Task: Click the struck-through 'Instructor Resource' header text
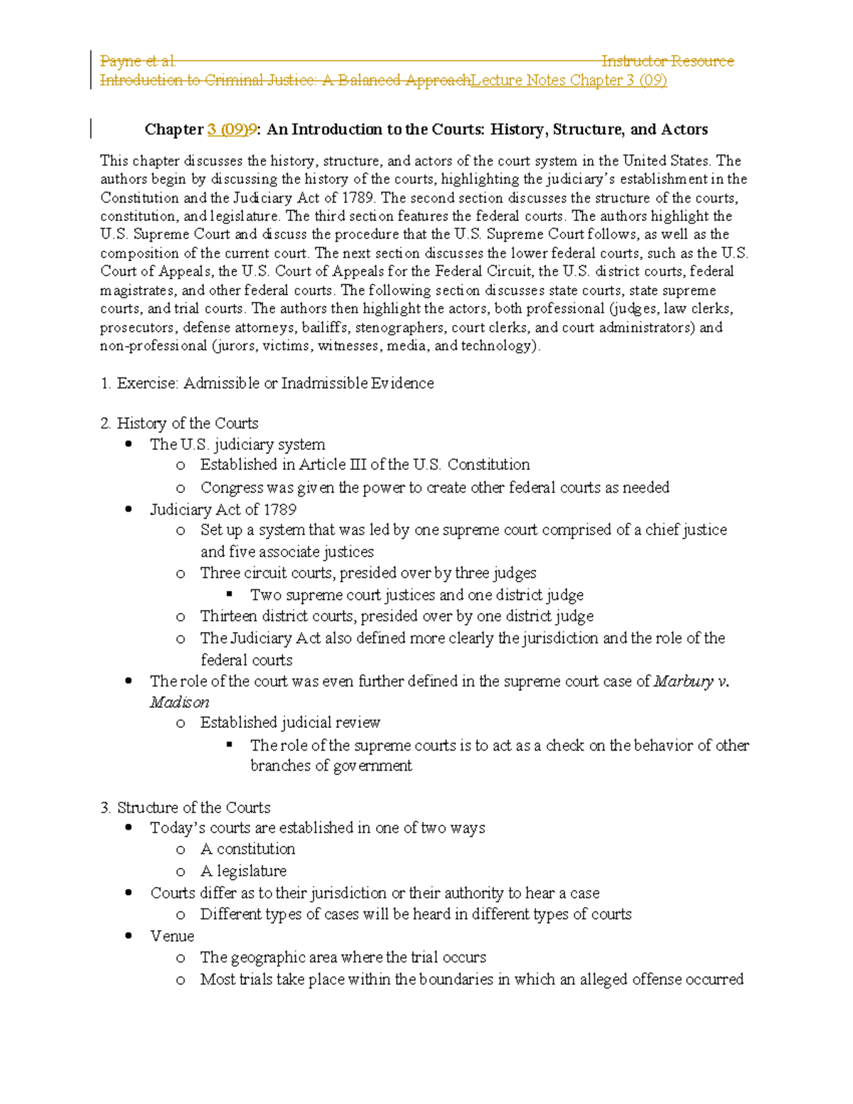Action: click(667, 61)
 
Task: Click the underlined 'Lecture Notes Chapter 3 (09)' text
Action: click(569, 80)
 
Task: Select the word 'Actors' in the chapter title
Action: click(685, 129)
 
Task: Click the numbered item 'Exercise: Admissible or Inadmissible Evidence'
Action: click(275, 383)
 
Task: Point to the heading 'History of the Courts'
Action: click(187, 424)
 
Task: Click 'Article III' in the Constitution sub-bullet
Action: click(333, 465)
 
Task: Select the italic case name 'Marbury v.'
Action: click(691, 682)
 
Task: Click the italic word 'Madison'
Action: click(179, 702)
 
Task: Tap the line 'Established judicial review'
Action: click(290, 723)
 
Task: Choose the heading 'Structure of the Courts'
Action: click(193, 808)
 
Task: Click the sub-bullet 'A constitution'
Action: click(247, 849)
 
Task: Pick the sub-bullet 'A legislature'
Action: click(243, 871)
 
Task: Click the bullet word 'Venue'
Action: click(172, 936)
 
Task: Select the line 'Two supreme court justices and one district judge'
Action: click(417, 595)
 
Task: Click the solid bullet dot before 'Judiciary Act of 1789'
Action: click(129, 509)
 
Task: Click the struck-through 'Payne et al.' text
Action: click(138, 61)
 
